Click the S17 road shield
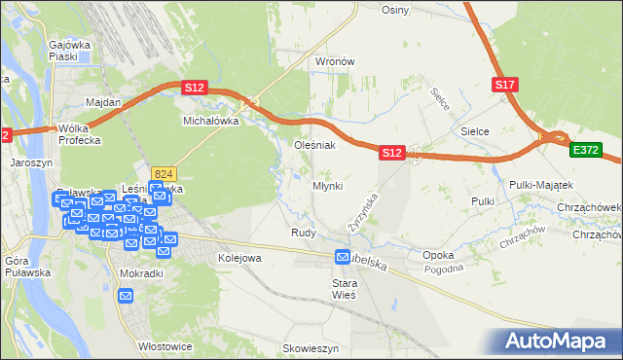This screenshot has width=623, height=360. [503, 86]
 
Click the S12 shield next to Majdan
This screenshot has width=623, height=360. [194, 88]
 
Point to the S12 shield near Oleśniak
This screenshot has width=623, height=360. [391, 153]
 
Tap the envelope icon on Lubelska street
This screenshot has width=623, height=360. [343, 257]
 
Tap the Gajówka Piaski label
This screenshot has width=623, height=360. [70, 51]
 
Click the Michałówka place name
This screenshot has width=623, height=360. [211, 122]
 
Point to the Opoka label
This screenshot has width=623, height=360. [438, 255]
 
